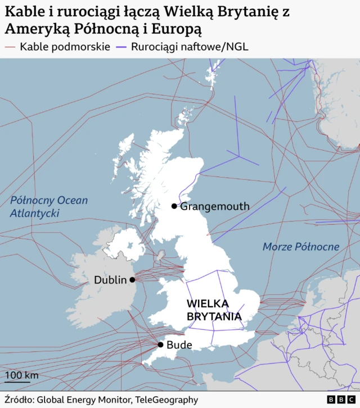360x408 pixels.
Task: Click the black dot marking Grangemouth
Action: click(174, 206)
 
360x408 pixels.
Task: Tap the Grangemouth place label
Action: click(214, 206)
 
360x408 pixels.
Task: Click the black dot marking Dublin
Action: click(132, 279)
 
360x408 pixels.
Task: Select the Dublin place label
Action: click(110, 280)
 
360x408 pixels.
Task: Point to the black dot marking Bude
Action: click(160, 344)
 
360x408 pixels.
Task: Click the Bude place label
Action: click(179, 344)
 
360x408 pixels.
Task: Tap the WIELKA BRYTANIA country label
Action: click(214, 310)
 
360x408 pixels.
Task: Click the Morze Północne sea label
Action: click(301, 247)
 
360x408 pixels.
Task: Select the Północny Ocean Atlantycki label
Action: click(49, 207)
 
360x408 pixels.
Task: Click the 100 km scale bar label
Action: click(21, 375)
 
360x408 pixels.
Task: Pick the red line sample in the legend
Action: click(10, 47)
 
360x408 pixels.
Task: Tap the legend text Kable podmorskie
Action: click(65, 47)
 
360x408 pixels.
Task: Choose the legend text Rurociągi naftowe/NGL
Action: click(190, 47)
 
